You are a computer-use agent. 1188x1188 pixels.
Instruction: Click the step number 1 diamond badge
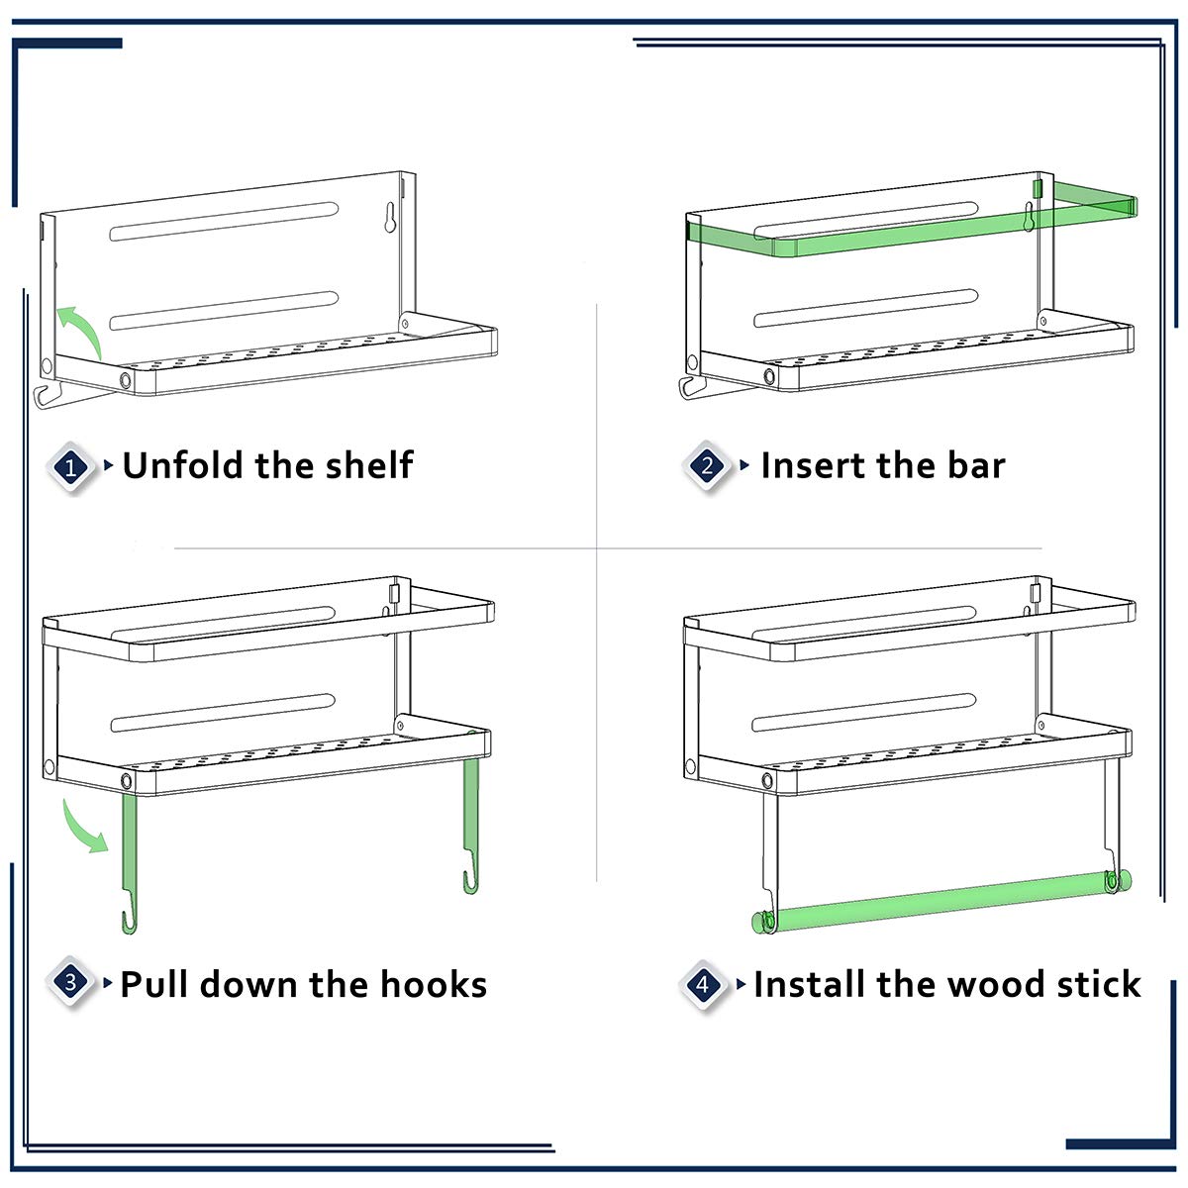[71, 467]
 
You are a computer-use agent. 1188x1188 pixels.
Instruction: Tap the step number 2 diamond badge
[707, 466]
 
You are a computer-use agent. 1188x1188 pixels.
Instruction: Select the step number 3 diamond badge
[70, 982]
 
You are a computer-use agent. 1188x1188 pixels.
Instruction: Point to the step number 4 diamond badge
[704, 984]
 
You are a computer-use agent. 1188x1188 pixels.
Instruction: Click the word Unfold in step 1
[183, 465]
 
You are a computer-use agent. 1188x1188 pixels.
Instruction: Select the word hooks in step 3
[433, 984]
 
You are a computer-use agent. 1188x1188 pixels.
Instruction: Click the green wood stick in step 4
[940, 900]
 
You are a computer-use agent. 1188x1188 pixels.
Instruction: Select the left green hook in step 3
[130, 862]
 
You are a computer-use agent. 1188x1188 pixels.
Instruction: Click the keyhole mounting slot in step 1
[390, 218]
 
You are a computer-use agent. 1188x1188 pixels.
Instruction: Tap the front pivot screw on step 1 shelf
[125, 379]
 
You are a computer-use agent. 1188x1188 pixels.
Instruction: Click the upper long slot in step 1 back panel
[225, 222]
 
